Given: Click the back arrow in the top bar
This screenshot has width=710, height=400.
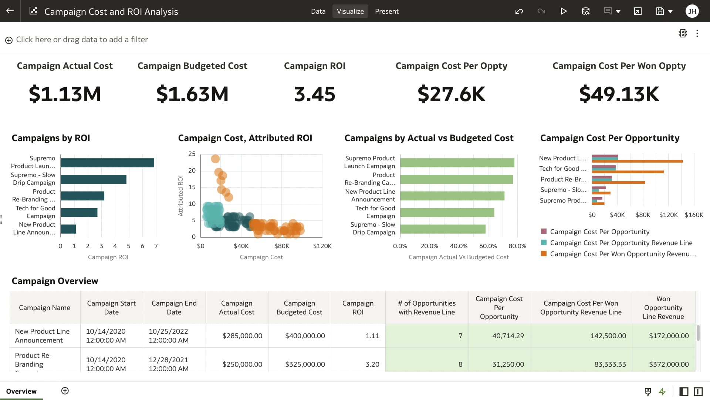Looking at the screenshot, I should pos(10,11).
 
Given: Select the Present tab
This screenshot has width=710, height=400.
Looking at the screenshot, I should pos(386,11).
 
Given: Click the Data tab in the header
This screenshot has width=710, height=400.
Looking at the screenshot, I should pos(318,11).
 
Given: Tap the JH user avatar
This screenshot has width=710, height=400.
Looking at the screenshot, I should pos(692,11).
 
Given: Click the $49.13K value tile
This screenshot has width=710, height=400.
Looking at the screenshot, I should pos(619,94).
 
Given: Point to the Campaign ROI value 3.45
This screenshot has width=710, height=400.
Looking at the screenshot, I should pos(314,94).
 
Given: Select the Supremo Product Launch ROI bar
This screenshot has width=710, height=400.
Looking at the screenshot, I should pos(107,163).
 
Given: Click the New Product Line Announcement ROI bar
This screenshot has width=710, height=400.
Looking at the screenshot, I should pos(68,229).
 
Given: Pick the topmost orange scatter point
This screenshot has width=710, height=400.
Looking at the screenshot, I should pos(215,159).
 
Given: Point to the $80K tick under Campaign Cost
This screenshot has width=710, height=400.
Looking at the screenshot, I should pos(281,246).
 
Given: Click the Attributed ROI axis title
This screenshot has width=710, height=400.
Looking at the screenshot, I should pos(180,196).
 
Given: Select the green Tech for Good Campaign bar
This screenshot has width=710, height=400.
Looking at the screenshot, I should pos(447,212).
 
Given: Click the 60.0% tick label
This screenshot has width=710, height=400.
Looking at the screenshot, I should pos(488,246).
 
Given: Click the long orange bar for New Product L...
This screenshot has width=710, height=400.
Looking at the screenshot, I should pos(637,161).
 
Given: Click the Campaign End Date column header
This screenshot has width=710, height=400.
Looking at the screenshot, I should pos(174,307).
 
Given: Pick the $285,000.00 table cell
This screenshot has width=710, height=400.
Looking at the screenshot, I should pos(242,336).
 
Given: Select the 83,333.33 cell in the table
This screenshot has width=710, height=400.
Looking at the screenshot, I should pos(610,364).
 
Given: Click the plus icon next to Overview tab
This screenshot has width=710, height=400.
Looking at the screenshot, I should pos(65,391).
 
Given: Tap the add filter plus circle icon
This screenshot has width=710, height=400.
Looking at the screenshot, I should pos(9,40).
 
